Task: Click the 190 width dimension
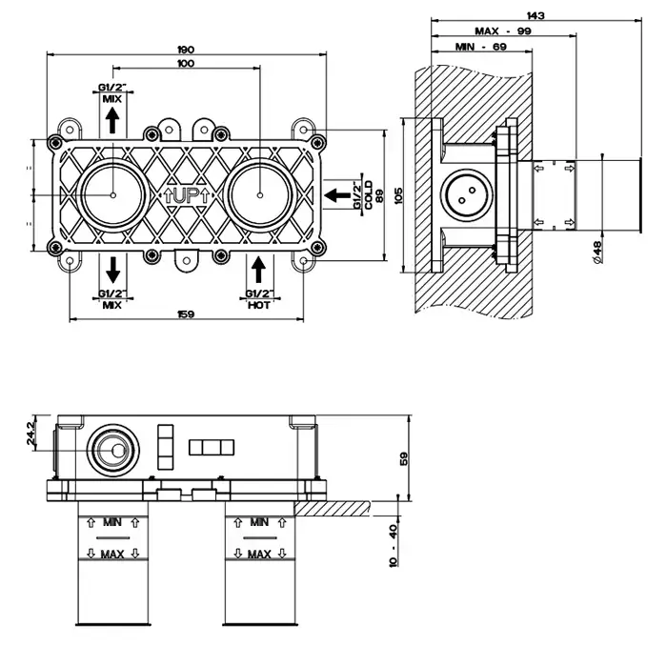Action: (186, 49)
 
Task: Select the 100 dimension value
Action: (186, 63)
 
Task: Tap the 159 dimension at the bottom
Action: (186, 314)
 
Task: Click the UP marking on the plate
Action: (186, 193)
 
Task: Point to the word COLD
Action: (368, 194)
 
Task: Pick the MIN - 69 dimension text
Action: (480, 47)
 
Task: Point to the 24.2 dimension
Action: (30, 435)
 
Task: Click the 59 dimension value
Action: (403, 456)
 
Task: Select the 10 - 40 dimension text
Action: (394, 544)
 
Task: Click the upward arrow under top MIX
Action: (111, 119)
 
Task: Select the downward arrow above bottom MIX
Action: (111, 267)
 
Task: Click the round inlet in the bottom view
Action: (115, 450)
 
